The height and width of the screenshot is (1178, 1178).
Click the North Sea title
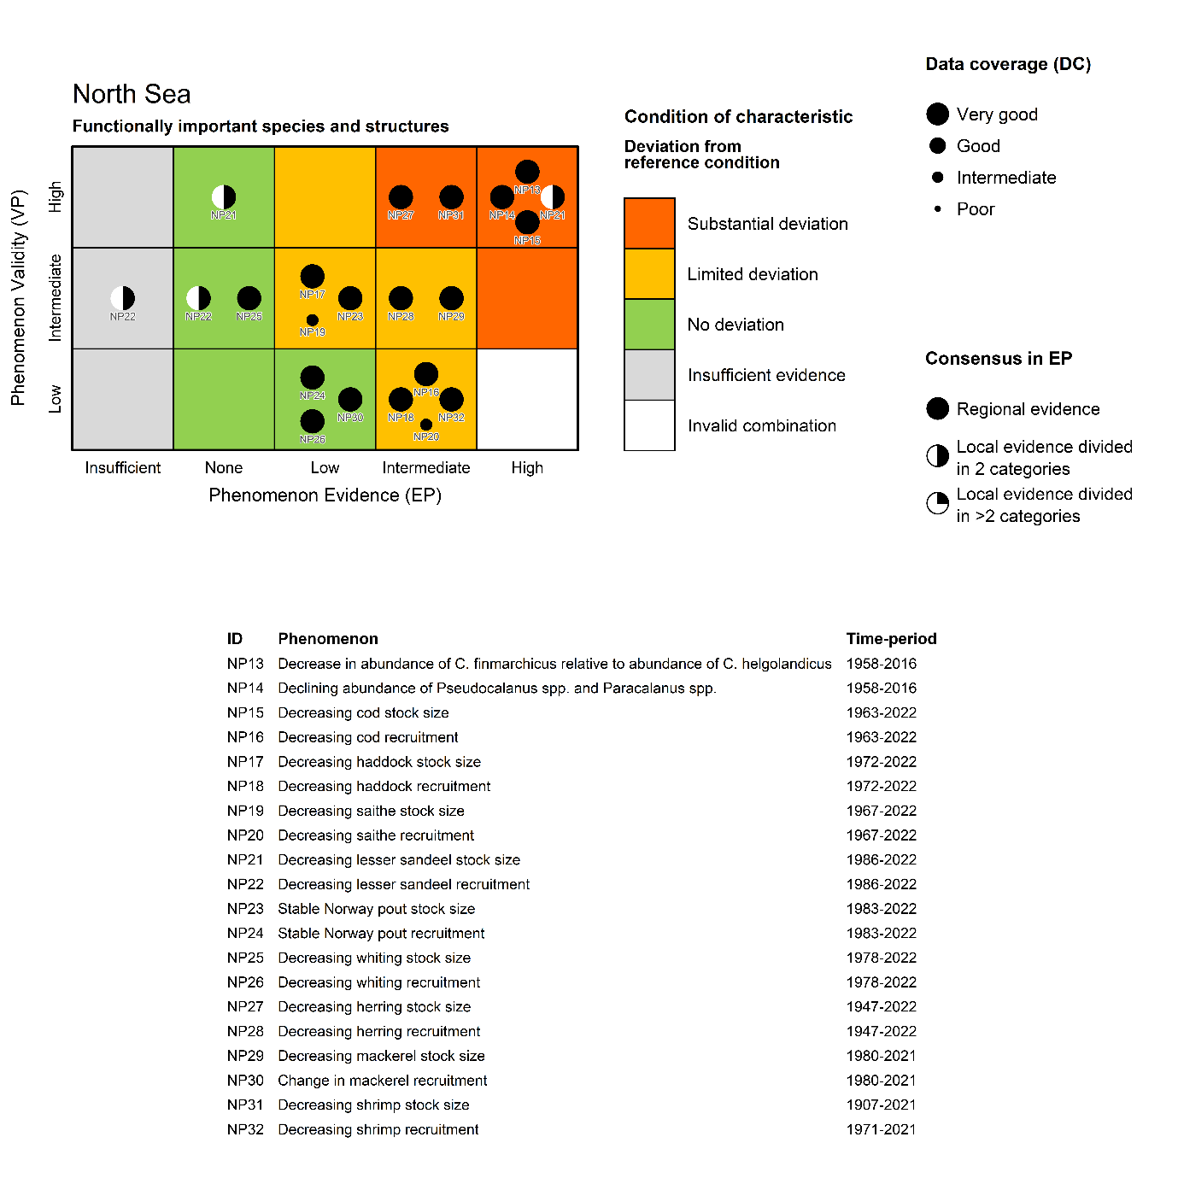pyautogui.click(x=132, y=94)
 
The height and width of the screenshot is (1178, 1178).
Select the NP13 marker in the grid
pyautogui.click(x=527, y=173)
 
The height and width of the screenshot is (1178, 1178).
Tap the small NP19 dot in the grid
pyautogui.click(x=313, y=320)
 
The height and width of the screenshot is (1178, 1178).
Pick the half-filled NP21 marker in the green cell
pyautogui.click(x=224, y=197)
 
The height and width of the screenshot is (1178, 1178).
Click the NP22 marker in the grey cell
pyautogui.click(x=123, y=298)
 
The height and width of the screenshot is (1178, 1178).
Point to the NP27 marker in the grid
pyautogui.click(x=401, y=197)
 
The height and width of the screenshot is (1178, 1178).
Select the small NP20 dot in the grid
pyautogui.click(x=426, y=425)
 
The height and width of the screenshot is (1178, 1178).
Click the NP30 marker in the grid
pyautogui.click(x=350, y=399)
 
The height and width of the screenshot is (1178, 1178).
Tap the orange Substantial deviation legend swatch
pyautogui.click(x=649, y=224)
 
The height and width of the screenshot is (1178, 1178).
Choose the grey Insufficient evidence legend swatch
pyautogui.click(x=649, y=375)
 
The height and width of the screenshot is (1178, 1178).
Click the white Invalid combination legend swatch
pyautogui.click(x=649, y=425)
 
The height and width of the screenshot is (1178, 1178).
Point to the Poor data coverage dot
pyautogui.click(x=938, y=209)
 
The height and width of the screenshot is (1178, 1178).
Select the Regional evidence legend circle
pyautogui.click(x=938, y=409)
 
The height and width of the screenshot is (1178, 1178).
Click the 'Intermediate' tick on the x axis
pyautogui.click(x=426, y=468)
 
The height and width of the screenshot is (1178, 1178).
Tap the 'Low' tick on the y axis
pyautogui.click(x=56, y=399)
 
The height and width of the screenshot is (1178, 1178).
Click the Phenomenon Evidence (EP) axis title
pyautogui.click(x=325, y=495)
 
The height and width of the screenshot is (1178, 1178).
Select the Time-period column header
pyautogui.click(x=891, y=639)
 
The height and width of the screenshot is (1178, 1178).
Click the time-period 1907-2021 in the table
pyautogui.click(x=881, y=1105)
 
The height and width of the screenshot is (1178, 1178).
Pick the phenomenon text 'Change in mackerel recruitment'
pyautogui.click(x=382, y=1081)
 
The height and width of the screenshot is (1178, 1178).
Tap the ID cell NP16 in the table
pyautogui.click(x=245, y=737)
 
